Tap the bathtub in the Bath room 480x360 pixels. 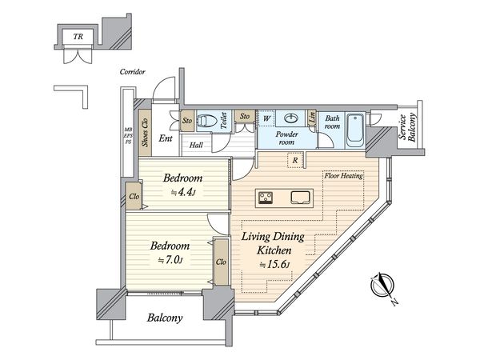(x=355, y=131)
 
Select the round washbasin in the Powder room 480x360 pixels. (x=290, y=118)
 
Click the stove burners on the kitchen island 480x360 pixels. (x=266, y=198)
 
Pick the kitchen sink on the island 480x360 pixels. (x=301, y=198)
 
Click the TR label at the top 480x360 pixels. (x=78, y=37)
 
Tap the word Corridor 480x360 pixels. (x=132, y=72)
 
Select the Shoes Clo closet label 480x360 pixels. (x=145, y=132)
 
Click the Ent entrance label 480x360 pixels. (x=166, y=138)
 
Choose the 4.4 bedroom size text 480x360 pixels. (x=183, y=192)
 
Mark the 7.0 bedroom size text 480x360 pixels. (x=170, y=260)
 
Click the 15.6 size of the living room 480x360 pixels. (x=274, y=265)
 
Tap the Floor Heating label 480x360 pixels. (x=344, y=176)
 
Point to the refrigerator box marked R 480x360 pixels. (x=295, y=161)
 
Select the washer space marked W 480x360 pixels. (x=266, y=118)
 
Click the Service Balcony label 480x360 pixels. (x=407, y=127)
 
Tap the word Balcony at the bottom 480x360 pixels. (x=165, y=318)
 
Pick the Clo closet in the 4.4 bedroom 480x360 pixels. (x=134, y=196)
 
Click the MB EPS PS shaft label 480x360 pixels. (x=128, y=136)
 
